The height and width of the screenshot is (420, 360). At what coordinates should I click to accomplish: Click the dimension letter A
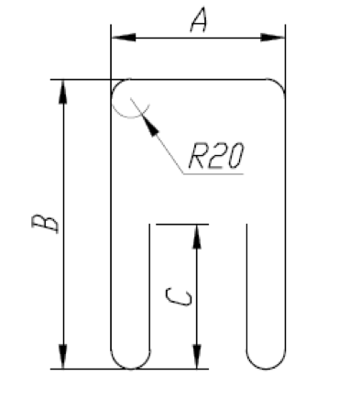199,20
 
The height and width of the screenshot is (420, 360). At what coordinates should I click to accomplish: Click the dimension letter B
45,223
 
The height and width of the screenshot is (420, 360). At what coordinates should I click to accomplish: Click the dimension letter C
179,297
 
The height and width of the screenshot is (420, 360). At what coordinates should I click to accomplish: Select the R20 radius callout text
216,156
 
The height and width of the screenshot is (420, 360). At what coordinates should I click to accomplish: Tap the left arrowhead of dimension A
124,38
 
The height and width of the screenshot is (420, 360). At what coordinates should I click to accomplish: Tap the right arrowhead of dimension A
272,38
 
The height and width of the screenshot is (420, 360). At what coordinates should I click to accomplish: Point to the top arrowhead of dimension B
63,92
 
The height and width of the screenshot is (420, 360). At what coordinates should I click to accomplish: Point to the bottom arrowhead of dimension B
63,357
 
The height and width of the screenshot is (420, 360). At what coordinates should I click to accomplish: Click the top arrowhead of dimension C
197,237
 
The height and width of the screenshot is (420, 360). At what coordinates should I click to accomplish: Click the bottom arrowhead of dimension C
197,357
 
